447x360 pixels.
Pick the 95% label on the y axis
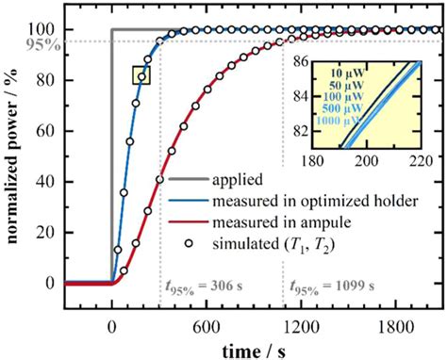tap(36, 41)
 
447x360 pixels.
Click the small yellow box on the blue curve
tap(141, 74)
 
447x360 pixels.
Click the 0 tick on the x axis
tap(112, 319)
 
